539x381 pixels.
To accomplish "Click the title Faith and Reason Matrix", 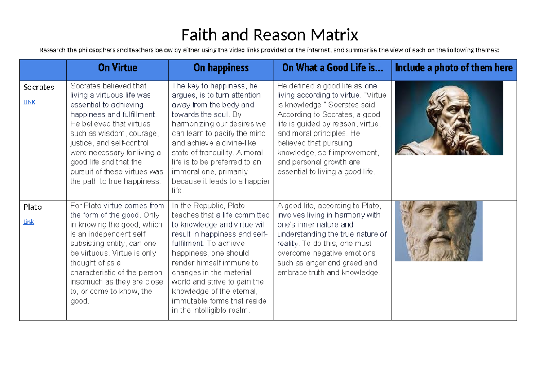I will point(269,35).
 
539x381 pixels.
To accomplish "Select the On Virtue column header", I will point(117,68).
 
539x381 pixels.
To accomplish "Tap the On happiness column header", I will point(221,68).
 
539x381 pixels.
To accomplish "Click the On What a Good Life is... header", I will point(332,68).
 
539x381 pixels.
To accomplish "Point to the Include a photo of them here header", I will point(454,68).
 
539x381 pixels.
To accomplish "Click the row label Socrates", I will point(39,87).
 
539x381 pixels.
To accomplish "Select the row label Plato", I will point(32,207).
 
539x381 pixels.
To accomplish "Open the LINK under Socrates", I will point(29,102).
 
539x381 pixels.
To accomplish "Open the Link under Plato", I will point(29,222).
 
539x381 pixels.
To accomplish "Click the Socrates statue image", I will point(449,118).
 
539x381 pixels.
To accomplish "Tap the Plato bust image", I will point(438,231).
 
